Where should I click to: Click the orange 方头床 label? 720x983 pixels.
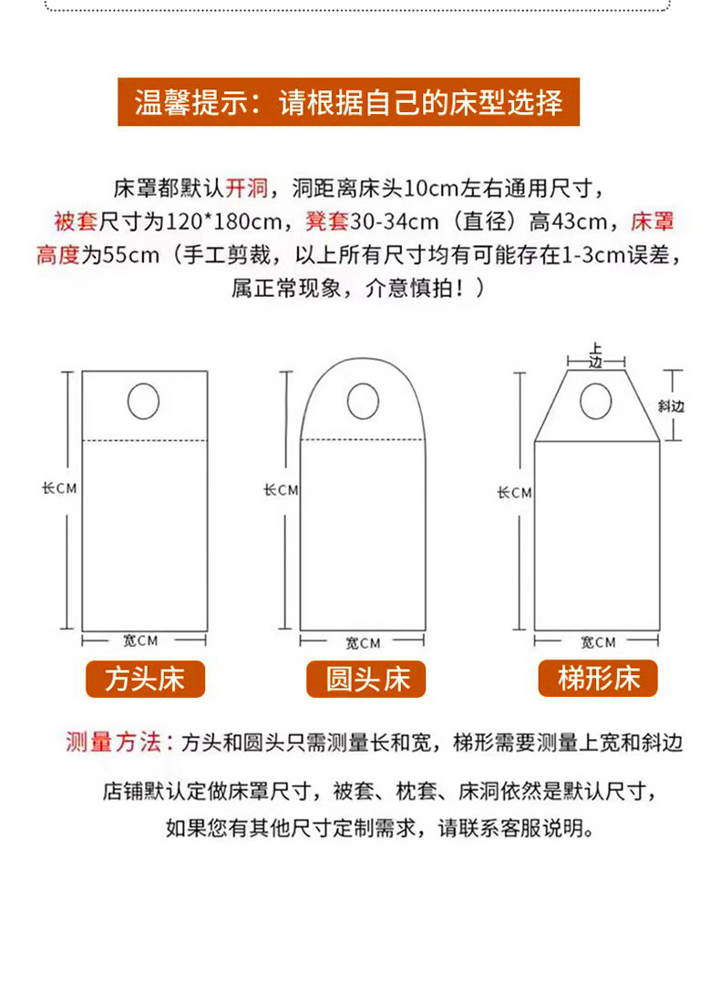pos(146,679)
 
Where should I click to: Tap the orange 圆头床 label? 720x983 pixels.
pos(366,679)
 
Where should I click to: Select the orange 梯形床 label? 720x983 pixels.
pos(598,679)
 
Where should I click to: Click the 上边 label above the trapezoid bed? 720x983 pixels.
pos(595,354)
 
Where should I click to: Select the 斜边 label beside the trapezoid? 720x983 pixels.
pos(671,406)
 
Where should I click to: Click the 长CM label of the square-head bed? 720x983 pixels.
pos(59,487)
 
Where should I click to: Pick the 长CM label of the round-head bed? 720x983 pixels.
pos(281,489)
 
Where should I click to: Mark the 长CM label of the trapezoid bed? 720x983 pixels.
pos(514,493)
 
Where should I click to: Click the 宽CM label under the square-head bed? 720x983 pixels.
pos(139,640)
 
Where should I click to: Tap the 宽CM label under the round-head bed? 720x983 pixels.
pos(363,643)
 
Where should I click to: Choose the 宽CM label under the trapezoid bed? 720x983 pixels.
pos(598,642)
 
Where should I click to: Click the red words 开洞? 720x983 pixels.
pos(246,188)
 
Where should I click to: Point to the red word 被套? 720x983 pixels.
pos(76,221)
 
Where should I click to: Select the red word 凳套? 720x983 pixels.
pos(327,221)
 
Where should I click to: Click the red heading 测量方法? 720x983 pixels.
pos(114,742)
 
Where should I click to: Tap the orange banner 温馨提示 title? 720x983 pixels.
pos(349,102)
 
